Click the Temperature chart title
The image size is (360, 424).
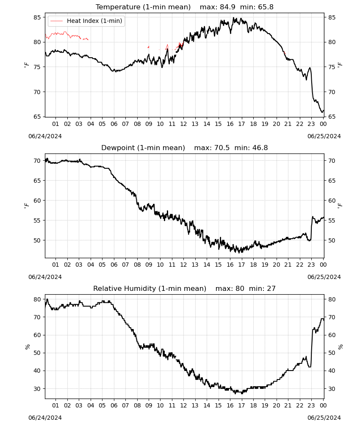tap(143, 7)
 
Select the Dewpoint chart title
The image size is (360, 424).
tap(143, 148)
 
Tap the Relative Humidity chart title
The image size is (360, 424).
tap(150, 288)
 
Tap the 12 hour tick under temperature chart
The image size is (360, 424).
tap(183, 124)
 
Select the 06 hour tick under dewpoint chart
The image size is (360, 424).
tap(114, 265)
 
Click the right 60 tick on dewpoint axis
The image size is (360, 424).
tap(332, 201)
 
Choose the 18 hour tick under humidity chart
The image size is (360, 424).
tap(253, 405)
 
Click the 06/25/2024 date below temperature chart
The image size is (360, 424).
tap(324, 136)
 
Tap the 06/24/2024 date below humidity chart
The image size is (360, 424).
tap(45, 418)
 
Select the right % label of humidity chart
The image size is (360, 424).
tap(340, 347)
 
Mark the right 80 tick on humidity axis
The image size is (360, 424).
tap(332, 299)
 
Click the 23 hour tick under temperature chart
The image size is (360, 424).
tap(311, 124)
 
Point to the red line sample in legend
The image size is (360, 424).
tap(57, 21)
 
